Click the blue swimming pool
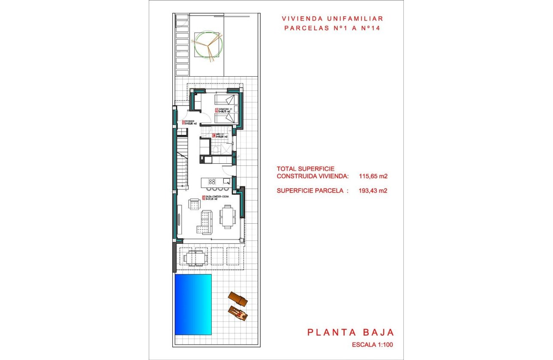(193, 304)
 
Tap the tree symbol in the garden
(208, 45)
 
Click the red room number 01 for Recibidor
(183, 123)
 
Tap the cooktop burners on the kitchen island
(212, 181)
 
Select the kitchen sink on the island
(226, 181)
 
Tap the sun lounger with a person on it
(238, 314)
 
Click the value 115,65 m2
(373, 176)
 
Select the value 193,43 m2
(373, 191)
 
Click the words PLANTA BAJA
(350, 332)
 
